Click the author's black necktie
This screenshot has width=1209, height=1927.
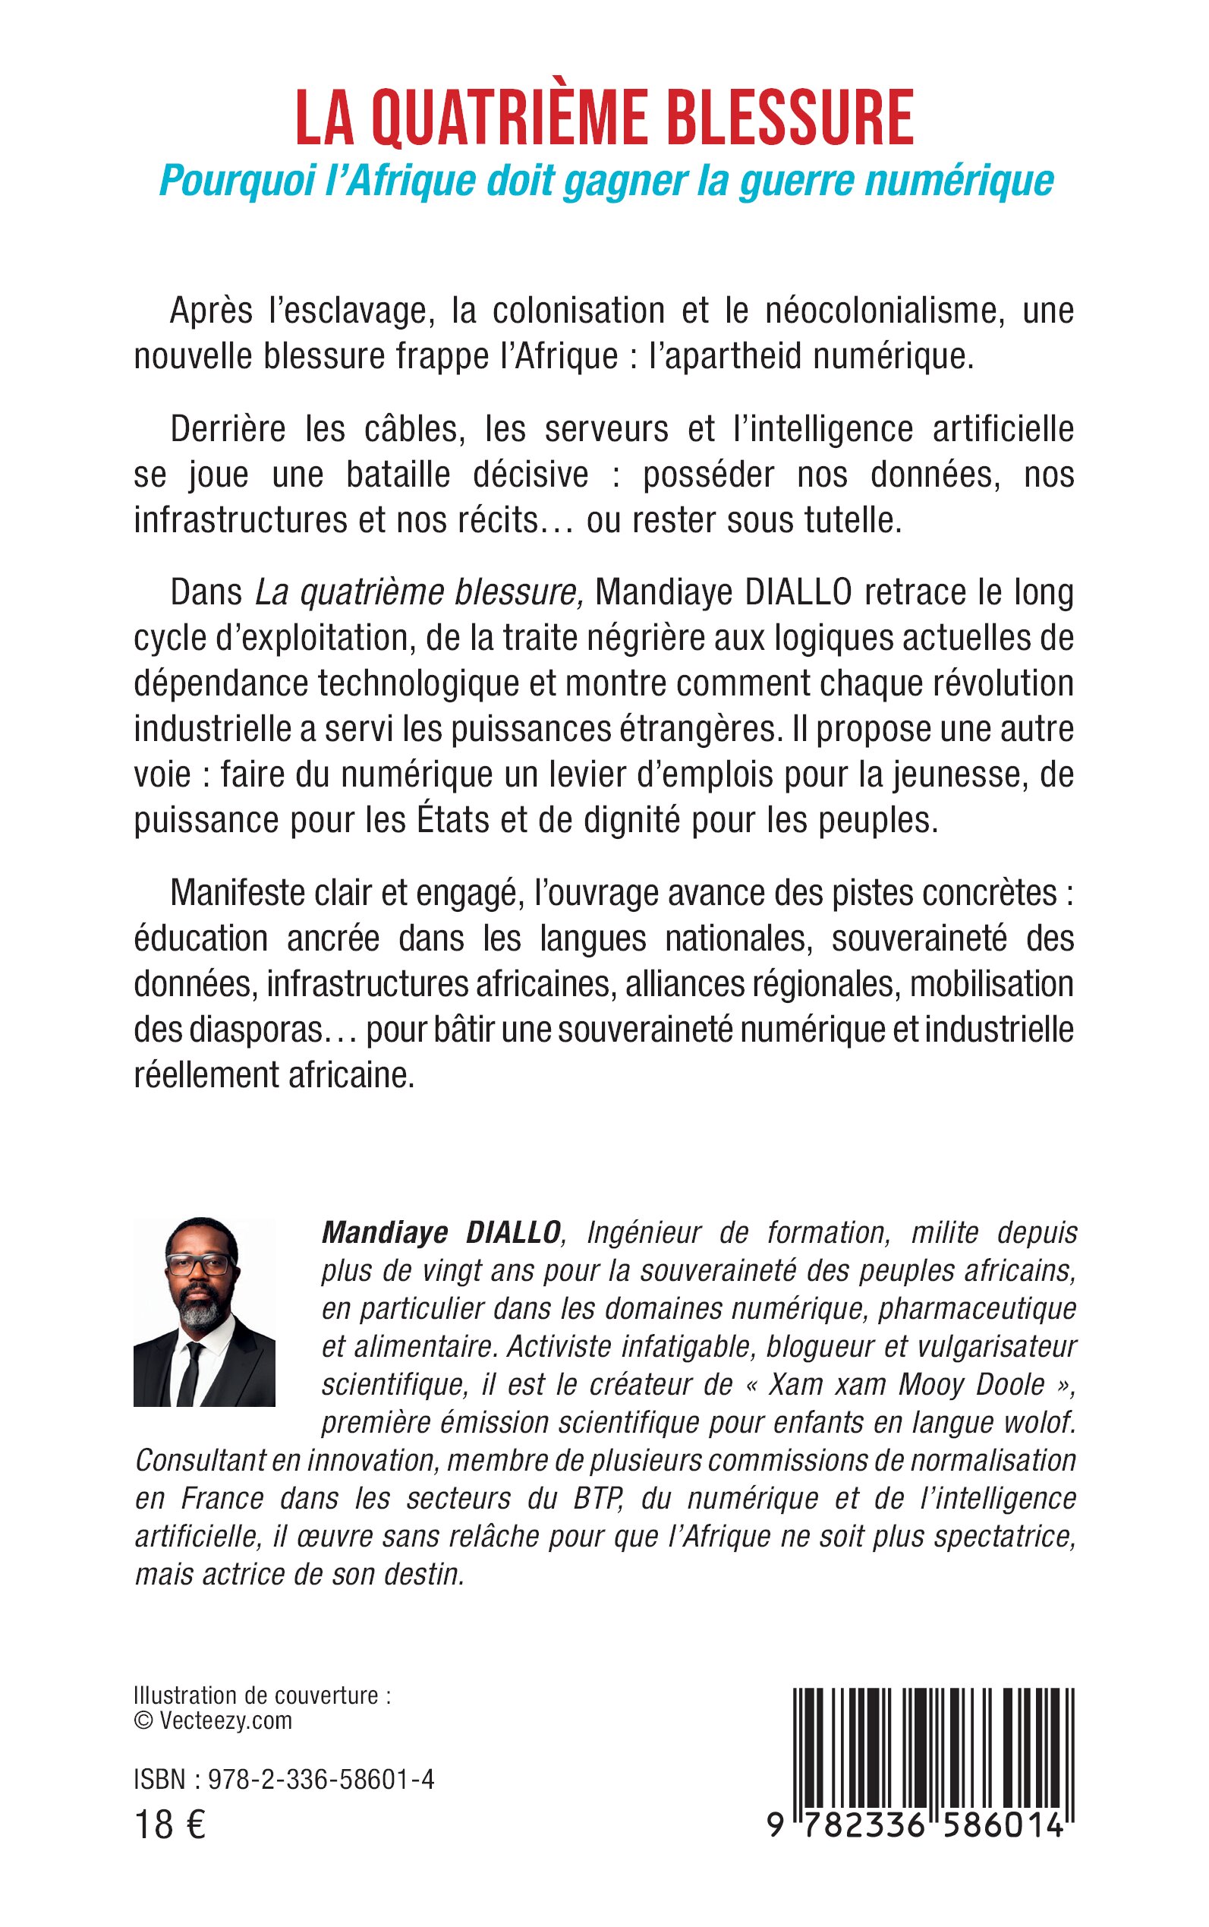pos(189,1373)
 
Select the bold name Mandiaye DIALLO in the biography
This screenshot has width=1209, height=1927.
pos(441,1233)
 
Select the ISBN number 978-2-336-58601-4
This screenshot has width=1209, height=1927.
pos(320,1780)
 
